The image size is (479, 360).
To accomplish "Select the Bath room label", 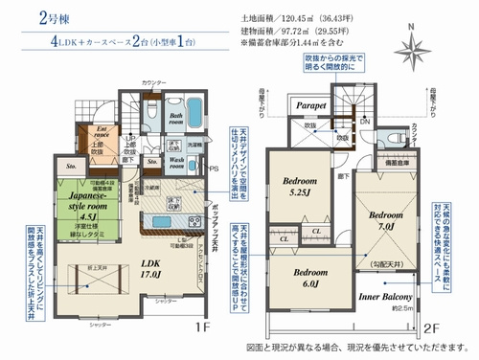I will (176, 119).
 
